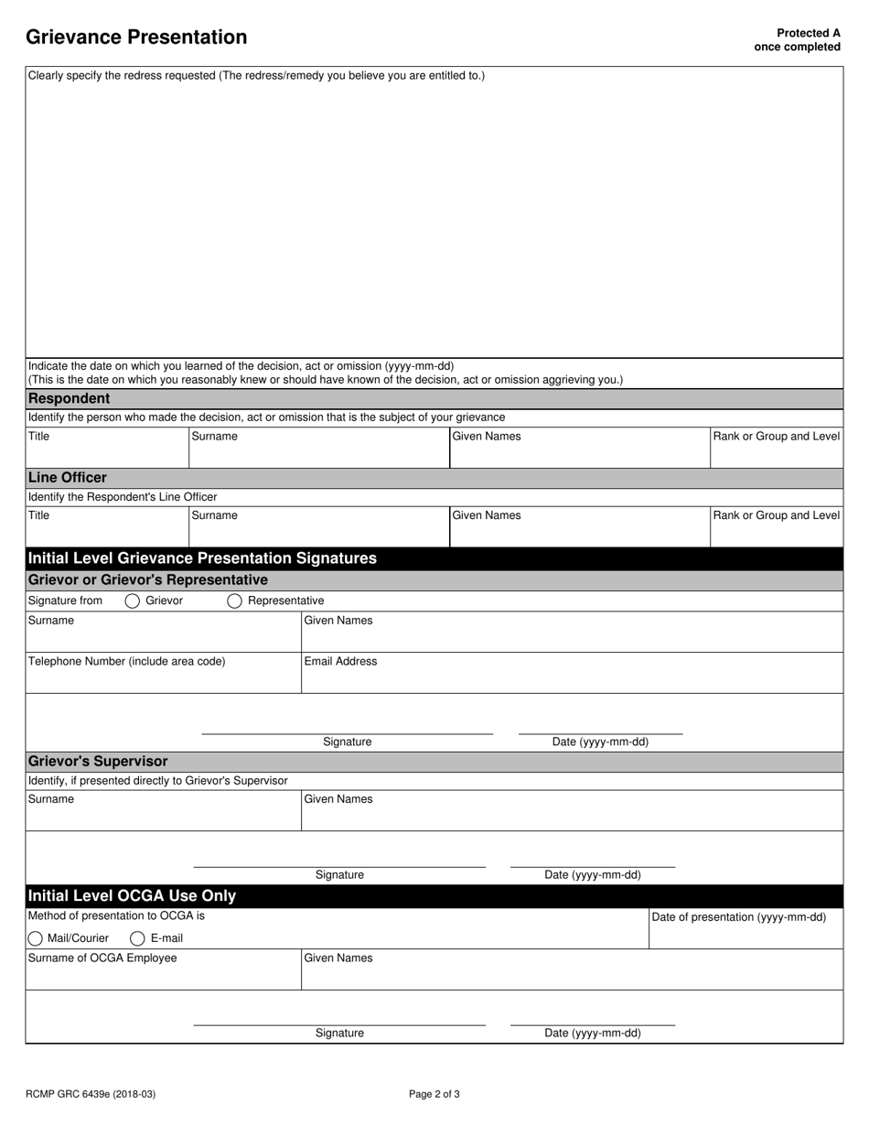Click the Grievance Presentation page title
136,38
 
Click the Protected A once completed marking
797,39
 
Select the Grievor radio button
133,601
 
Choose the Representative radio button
234,601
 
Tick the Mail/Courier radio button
36,938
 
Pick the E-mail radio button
137,938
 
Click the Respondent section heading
70,398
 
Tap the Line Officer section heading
68,478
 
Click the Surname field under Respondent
318,453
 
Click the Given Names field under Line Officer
579,533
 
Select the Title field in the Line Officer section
106,533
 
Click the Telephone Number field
163,677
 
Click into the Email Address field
572,677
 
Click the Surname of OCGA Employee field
163,975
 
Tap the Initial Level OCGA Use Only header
133,896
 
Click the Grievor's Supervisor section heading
98,762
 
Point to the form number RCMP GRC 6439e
84,1094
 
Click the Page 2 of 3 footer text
434,1094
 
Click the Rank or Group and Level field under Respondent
776,453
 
